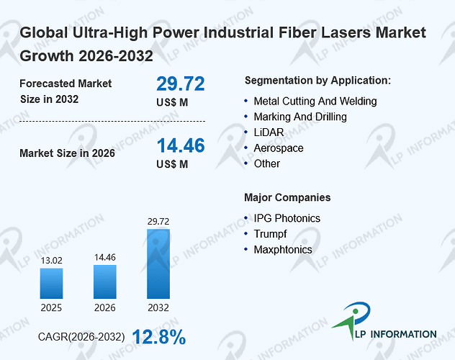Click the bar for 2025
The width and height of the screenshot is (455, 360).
click(x=51, y=284)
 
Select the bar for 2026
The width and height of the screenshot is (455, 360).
click(x=105, y=282)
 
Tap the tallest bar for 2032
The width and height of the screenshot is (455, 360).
click(x=158, y=264)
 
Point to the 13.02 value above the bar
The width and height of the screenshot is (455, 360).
click(x=51, y=261)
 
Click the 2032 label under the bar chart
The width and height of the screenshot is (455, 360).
click(x=158, y=307)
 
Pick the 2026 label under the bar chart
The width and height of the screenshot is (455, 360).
click(x=105, y=307)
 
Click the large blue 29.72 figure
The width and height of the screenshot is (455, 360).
click(x=181, y=84)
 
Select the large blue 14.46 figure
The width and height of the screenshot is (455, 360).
click(x=181, y=145)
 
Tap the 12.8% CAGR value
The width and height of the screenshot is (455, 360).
click(x=159, y=337)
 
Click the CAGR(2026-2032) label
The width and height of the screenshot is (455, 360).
click(x=81, y=337)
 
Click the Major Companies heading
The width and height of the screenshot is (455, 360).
click(x=287, y=197)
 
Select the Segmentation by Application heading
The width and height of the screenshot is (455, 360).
click(x=317, y=81)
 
